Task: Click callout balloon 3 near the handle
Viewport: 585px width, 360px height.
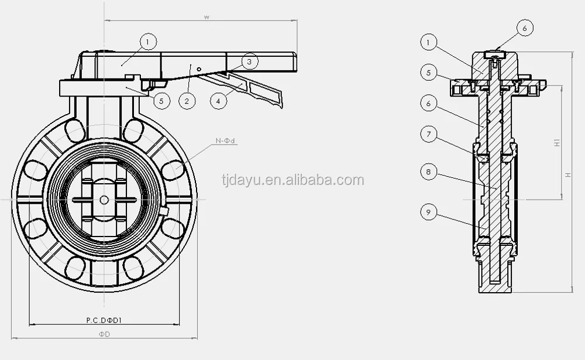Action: click(x=250, y=61)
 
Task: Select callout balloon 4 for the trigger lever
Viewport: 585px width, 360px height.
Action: click(x=218, y=101)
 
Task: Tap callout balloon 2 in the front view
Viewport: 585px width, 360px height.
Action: click(x=187, y=101)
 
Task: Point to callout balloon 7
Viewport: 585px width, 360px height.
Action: click(x=428, y=134)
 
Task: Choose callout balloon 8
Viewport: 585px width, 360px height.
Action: click(x=428, y=172)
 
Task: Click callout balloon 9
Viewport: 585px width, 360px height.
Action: click(x=428, y=212)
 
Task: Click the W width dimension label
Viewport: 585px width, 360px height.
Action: click(x=207, y=17)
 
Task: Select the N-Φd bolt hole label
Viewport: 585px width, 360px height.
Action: click(x=225, y=141)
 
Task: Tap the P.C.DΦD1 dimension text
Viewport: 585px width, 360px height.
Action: click(x=105, y=320)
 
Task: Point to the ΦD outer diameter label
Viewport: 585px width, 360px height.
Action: click(x=105, y=334)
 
